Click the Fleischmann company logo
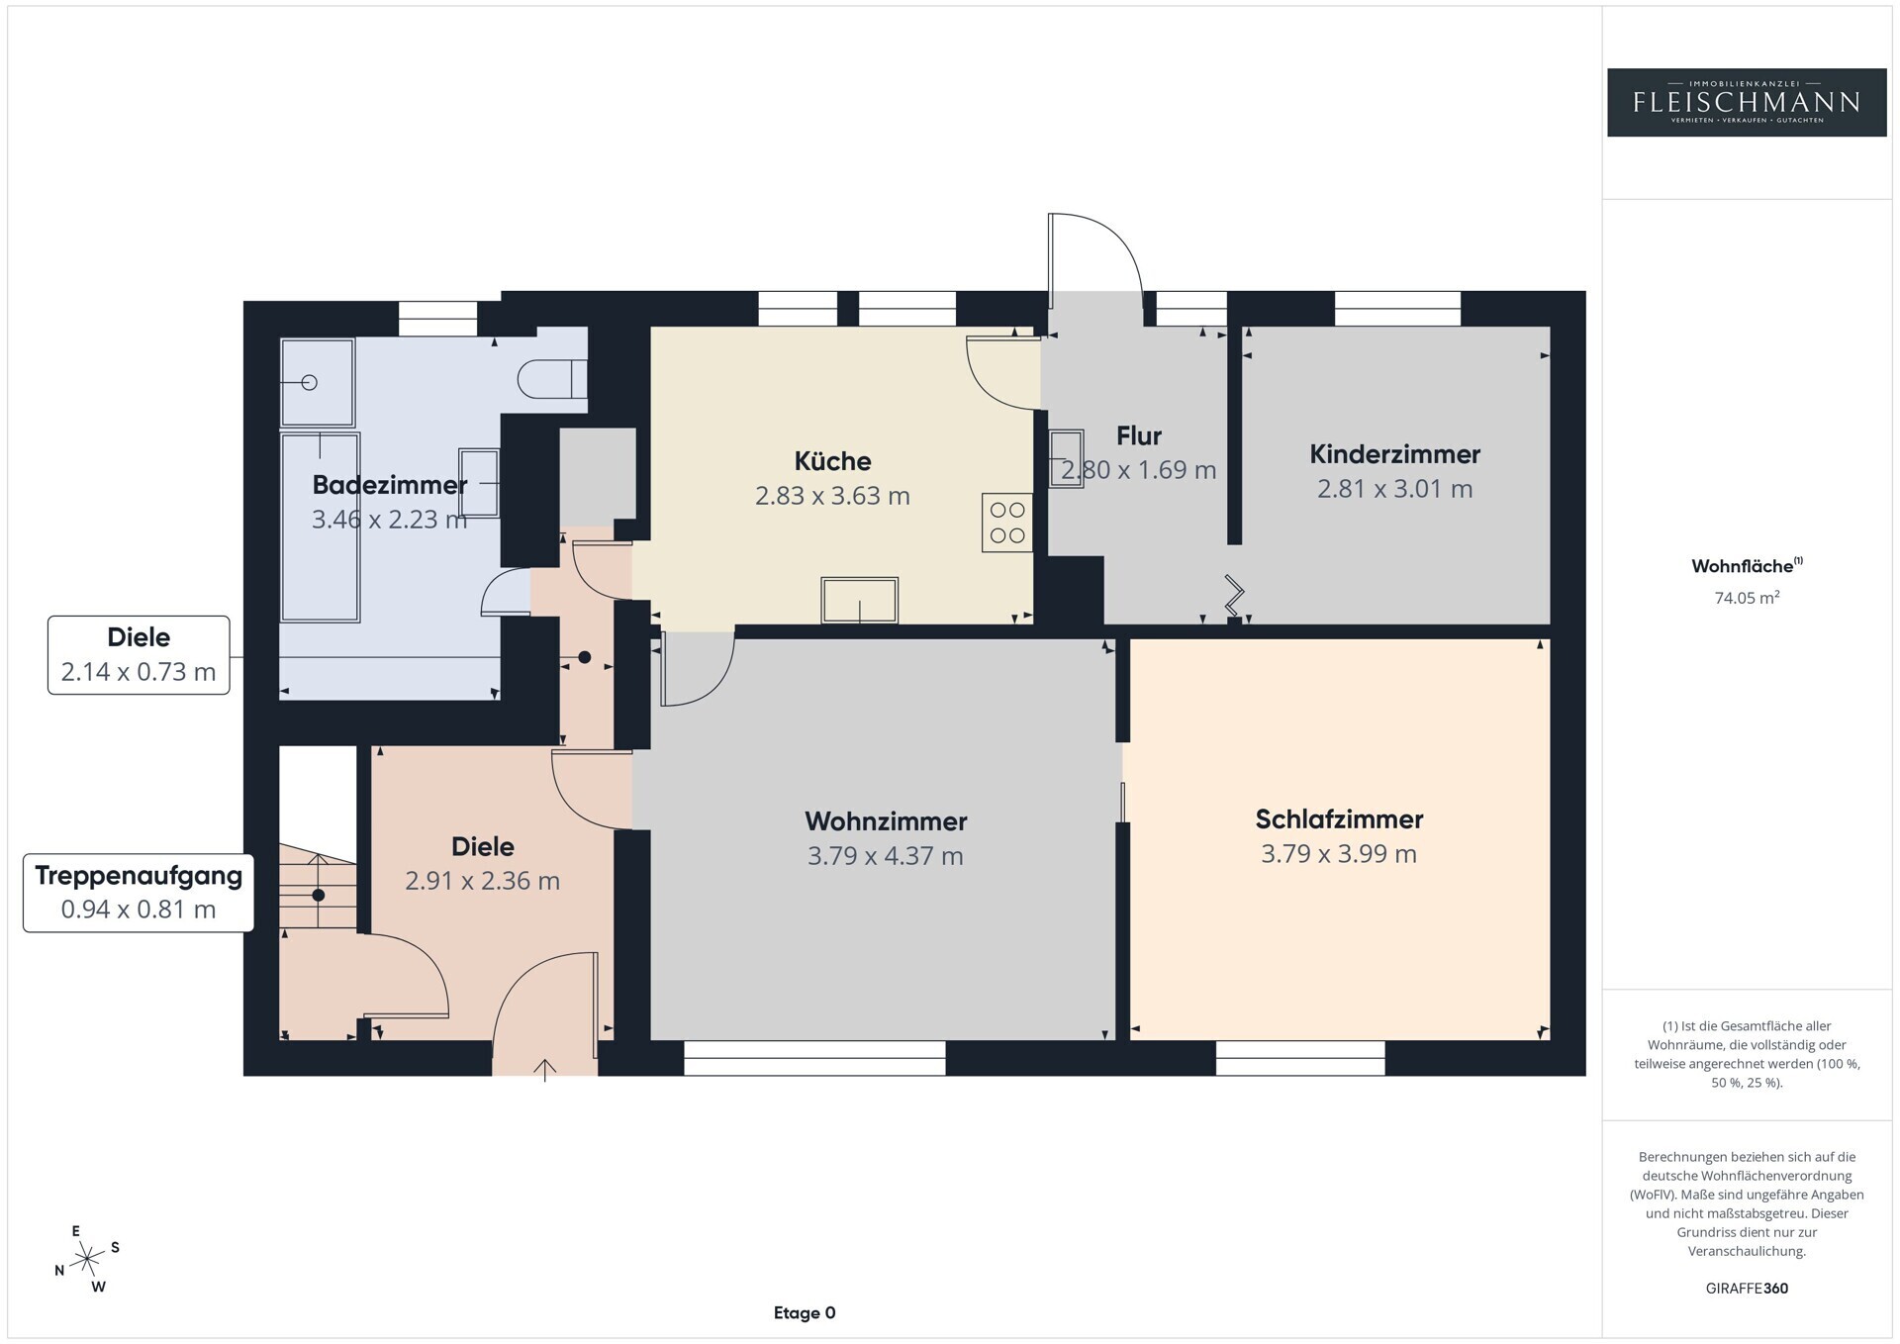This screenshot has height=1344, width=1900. coord(1747,102)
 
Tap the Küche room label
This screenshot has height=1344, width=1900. coord(832,461)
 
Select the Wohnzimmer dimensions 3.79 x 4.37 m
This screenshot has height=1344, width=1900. coord(885,856)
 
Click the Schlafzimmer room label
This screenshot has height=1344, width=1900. coord(1339,819)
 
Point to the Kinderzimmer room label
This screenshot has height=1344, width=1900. coord(1394,454)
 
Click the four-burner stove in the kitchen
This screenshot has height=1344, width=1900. coord(1007,523)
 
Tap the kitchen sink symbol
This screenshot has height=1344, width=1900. coord(859,600)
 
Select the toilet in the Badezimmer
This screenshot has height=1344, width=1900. coord(552,379)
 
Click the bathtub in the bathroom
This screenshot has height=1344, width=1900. coord(320,527)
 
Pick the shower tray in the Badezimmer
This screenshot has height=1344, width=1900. coord(318,382)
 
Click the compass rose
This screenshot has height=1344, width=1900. coord(88,1259)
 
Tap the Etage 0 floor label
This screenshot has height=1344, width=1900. coord(805,1313)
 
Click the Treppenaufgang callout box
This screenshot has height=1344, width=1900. coord(139,893)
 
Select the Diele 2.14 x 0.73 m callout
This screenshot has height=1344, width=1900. coord(139,655)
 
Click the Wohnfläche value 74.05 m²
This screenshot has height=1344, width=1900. coord(1747,598)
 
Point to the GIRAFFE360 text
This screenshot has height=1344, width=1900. coord(1747,1289)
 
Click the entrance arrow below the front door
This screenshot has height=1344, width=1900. coord(545,1070)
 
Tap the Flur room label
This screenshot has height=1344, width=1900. coord(1139,436)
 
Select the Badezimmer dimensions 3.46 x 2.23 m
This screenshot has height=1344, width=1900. coord(389,520)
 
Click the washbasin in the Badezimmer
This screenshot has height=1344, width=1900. coord(479,483)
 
